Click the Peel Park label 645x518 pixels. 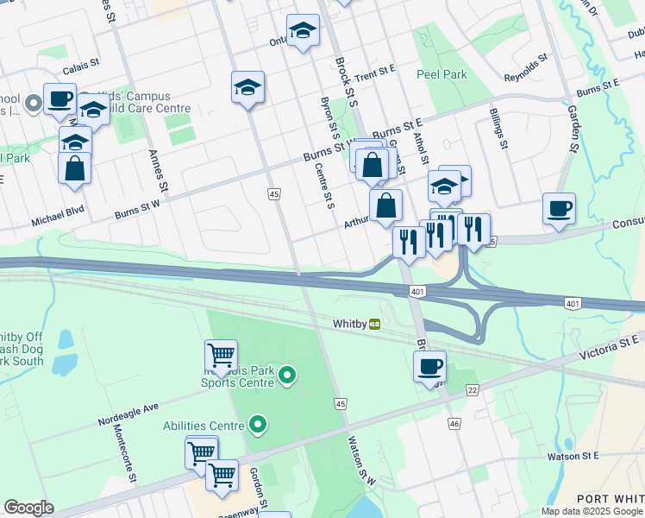[441, 74]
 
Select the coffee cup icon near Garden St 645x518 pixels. [559, 209]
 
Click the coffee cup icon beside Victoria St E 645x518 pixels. [429, 366]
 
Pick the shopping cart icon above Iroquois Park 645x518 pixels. [221, 354]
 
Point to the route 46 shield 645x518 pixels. [454, 424]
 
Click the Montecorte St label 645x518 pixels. [118, 445]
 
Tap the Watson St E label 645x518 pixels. [573, 455]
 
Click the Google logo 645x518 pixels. [28, 508]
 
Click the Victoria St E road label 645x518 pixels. [611, 344]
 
